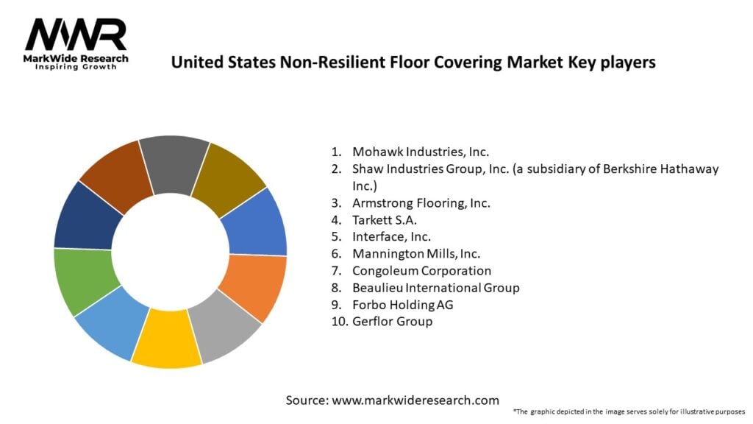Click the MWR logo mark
[76, 35]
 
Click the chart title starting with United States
[413, 63]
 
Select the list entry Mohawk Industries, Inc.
[420, 152]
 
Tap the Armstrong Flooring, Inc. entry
[421, 202]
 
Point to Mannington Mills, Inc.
[417, 254]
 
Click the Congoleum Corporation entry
[421, 271]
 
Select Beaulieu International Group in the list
[435, 288]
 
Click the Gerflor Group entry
[392, 322]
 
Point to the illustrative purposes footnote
[629, 411]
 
